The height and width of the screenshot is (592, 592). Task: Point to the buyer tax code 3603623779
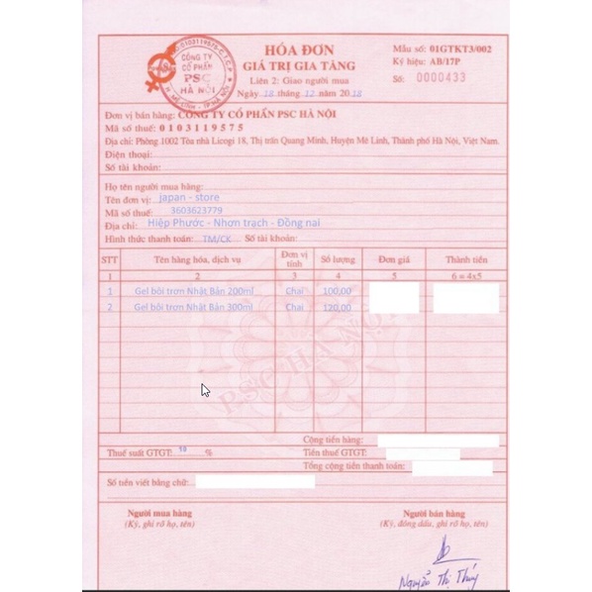point(196,211)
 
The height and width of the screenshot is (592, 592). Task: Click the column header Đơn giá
point(394,258)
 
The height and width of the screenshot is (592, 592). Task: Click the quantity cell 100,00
point(337,291)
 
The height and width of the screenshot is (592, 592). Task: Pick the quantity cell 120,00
point(337,307)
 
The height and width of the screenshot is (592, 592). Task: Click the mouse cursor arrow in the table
point(204,389)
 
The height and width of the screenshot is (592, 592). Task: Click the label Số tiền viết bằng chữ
point(148,481)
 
